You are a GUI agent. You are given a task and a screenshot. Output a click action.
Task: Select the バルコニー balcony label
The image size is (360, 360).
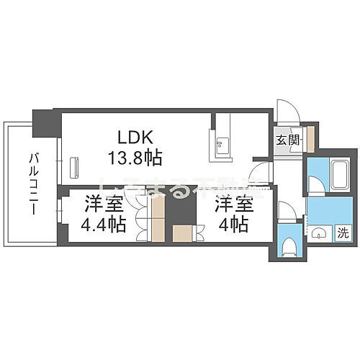click(34, 183)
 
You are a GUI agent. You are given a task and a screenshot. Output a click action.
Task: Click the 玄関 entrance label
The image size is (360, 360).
click(287, 140)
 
